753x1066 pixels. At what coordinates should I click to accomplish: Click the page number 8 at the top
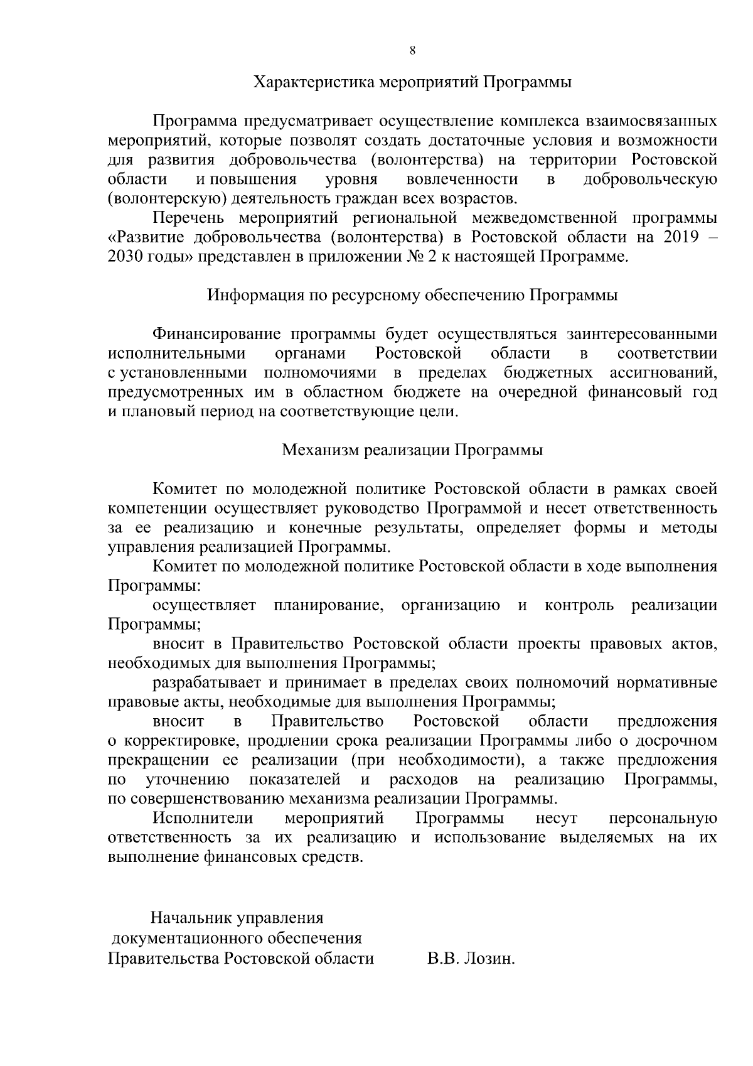tap(412, 51)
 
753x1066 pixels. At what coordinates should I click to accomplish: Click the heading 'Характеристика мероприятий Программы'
tap(412, 82)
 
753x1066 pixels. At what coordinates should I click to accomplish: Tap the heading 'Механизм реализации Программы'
tap(412, 450)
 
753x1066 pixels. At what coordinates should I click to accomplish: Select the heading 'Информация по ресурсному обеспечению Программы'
tap(412, 295)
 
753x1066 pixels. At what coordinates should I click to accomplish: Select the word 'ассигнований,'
tap(663, 373)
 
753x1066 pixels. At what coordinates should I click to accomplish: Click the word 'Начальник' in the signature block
tap(191, 918)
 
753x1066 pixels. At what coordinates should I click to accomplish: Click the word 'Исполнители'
tap(203, 819)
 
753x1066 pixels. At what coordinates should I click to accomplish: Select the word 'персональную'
tap(663, 819)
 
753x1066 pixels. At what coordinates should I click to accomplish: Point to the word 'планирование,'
tap(328, 605)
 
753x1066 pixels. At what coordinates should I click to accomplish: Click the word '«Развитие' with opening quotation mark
tap(146, 237)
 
